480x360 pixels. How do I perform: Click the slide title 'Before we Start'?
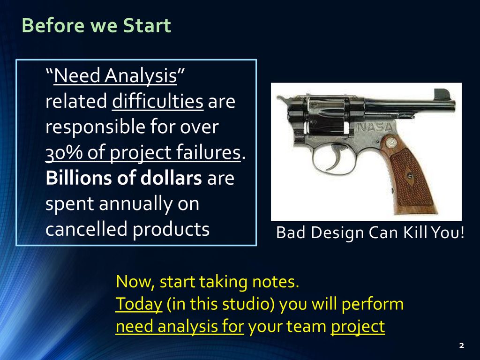coord(96,26)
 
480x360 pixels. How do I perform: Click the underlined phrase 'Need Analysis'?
coord(115,76)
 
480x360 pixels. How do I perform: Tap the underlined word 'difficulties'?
coord(157,102)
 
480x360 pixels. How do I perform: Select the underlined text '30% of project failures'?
coord(143,153)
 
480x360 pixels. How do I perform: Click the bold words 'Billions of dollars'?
coord(124,179)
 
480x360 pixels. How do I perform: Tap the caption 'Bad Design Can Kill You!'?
coord(370,232)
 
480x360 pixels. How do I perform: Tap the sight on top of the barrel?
coord(441,94)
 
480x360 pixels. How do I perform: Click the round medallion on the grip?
coord(392,142)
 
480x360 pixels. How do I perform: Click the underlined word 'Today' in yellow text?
coord(138,304)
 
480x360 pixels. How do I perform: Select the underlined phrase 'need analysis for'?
coord(180,327)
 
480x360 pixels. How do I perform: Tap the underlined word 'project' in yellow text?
coord(358,327)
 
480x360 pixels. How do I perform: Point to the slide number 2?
coord(461,345)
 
